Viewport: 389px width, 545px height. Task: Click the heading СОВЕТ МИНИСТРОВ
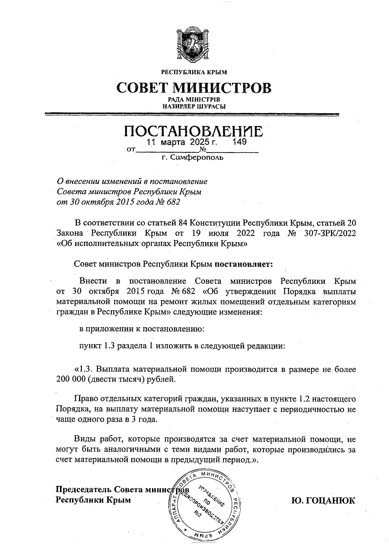click(x=194, y=88)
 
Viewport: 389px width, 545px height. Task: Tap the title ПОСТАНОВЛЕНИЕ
click(x=194, y=131)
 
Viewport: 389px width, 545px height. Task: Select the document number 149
click(x=240, y=142)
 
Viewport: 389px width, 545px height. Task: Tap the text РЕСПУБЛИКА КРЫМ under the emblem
click(x=194, y=72)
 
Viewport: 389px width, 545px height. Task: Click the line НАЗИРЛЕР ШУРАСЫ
click(x=194, y=106)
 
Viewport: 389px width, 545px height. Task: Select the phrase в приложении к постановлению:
click(x=142, y=329)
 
